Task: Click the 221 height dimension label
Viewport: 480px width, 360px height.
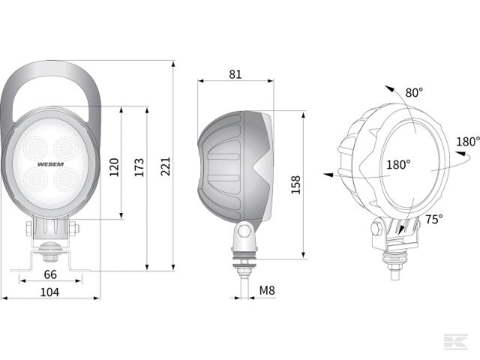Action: pyautogui.click(x=166, y=166)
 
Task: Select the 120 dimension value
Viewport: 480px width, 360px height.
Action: pyautogui.click(x=114, y=166)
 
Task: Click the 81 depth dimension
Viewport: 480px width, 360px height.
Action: pyautogui.click(x=235, y=74)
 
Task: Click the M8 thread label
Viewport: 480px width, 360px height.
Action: pyautogui.click(x=266, y=290)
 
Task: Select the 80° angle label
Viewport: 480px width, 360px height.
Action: pyautogui.click(x=414, y=92)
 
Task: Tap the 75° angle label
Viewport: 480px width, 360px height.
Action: pyautogui.click(x=433, y=219)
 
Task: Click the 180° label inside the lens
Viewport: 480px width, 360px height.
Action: pyautogui.click(x=398, y=165)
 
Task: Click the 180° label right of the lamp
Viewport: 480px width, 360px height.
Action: pyautogui.click(x=466, y=141)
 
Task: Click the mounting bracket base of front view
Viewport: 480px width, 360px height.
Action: pyautogui.click(x=51, y=264)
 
